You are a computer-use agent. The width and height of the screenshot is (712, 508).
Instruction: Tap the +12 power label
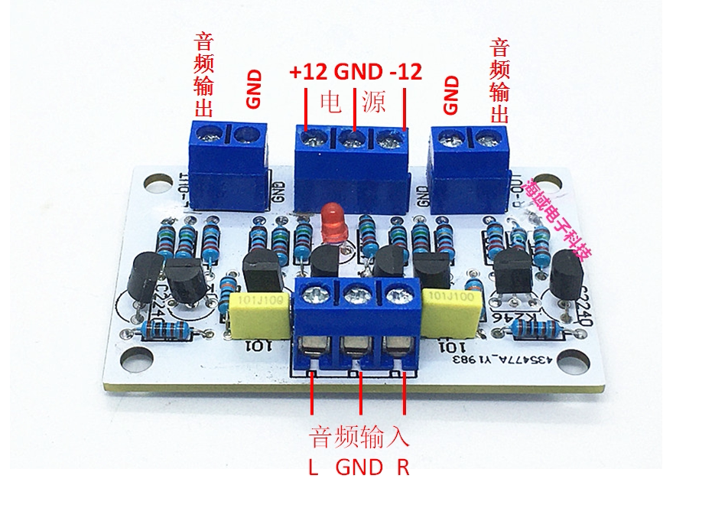tap(308, 73)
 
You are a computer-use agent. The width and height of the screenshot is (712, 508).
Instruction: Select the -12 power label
tap(405, 73)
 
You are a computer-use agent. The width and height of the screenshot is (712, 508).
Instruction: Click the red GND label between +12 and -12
tap(358, 73)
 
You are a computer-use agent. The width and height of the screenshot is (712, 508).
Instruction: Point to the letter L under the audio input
tap(313, 467)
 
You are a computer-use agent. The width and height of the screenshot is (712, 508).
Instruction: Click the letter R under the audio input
tap(403, 467)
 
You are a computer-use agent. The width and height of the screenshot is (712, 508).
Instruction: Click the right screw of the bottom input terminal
tap(395, 293)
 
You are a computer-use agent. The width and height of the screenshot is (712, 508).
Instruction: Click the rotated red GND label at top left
tap(254, 88)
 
